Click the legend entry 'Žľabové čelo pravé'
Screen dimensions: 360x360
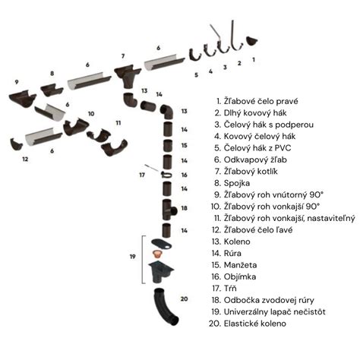click(261, 102)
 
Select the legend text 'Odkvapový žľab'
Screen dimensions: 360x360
click(255, 160)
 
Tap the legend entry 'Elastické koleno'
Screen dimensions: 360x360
click(255, 324)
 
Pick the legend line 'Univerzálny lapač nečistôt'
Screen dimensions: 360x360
click(275, 312)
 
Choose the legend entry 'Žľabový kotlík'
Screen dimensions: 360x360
click(251, 172)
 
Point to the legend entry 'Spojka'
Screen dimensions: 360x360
click(237, 184)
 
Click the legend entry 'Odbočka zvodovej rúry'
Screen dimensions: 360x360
click(269, 300)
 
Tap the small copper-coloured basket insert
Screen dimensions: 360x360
click(157, 254)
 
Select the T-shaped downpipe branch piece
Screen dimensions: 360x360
click(168, 210)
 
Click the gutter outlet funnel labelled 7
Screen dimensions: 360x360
click(127, 75)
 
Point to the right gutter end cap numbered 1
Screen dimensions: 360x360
click(251, 41)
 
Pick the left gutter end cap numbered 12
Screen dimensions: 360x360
click(17, 144)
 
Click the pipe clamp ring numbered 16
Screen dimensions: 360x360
click(167, 174)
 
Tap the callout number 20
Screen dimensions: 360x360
click(184, 298)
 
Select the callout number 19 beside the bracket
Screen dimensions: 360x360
click(133, 257)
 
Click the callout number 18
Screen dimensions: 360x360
click(184, 208)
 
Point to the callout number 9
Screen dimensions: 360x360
click(17, 82)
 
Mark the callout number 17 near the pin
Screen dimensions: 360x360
click(142, 175)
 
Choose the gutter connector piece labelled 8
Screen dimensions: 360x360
click(52, 90)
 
